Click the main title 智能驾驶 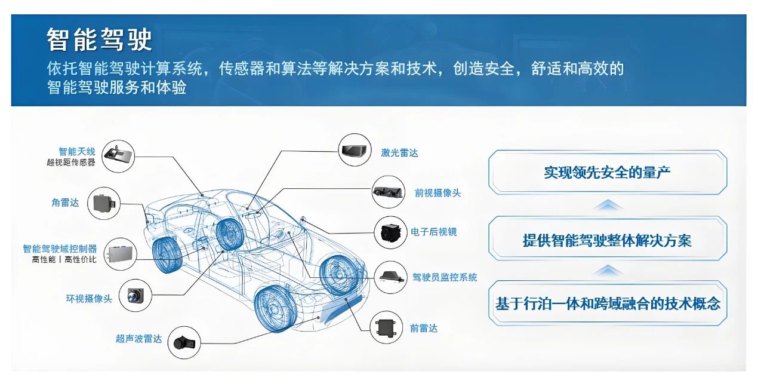click(x=99, y=39)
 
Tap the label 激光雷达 click(x=399, y=152)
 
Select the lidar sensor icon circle click(x=355, y=150)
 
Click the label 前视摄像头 click(x=438, y=193)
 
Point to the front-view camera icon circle click(x=388, y=192)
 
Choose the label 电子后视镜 click(x=433, y=232)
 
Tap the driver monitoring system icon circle click(x=390, y=277)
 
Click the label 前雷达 click(x=424, y=328)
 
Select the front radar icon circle click(x=386, y=327)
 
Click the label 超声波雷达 click(x=139, y=339)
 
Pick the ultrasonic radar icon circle click(x=184, y=342)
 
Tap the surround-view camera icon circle click(x=135, y=295)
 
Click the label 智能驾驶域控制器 click(x=60, y=249)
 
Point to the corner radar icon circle click(x=104, y=203)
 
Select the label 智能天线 click(x=77, y=151)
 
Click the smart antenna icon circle click(x=118, y=156)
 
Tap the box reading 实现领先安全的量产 click(x=608, y=173)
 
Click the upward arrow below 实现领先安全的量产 click(x=608, y=206)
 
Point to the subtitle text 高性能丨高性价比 click(x=64, y=260)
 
